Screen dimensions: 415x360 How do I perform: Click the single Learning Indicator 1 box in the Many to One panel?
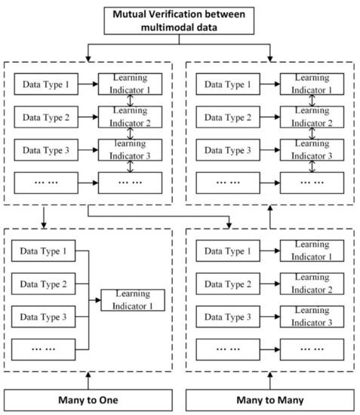pos(129,300)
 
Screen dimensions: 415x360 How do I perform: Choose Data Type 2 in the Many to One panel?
pos(42,284)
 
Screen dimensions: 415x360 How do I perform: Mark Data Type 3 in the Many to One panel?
pos(42,317)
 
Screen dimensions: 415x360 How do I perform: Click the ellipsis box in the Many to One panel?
pos(42,349)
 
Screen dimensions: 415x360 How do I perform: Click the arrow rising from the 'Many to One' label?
pos(90,377)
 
